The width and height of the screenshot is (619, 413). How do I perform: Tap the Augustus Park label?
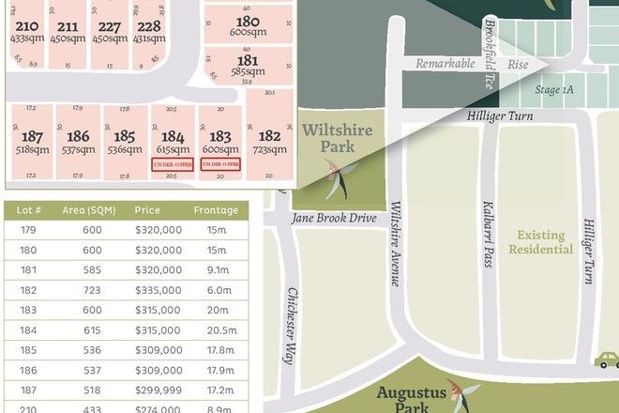coord(411,399)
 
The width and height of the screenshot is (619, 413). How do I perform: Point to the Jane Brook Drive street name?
coord(333,219)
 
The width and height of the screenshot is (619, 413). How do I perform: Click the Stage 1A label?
coord(553,88)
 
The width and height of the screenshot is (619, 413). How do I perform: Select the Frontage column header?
coord(216,210)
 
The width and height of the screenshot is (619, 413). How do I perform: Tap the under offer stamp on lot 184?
coord(173,164)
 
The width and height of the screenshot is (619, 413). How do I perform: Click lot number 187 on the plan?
coord(32,136)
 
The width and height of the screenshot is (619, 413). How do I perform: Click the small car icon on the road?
coord(607,360)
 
